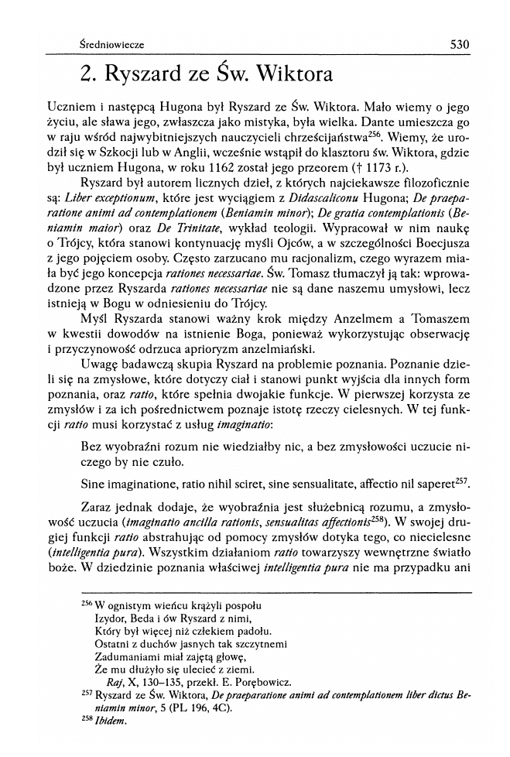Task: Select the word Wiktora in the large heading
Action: click(x=289, y=75)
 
